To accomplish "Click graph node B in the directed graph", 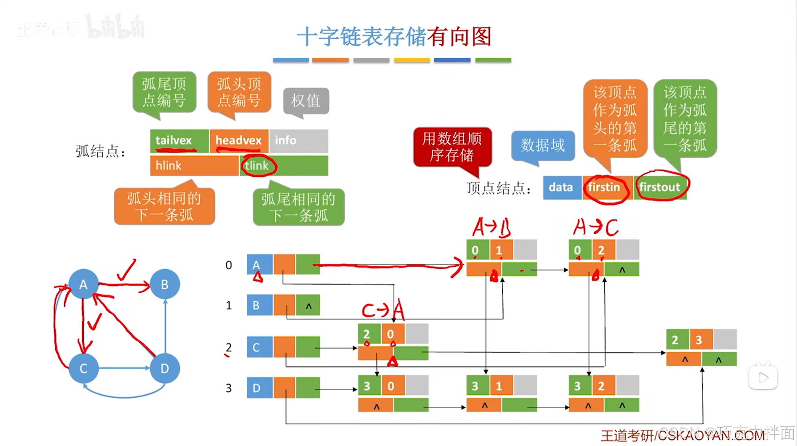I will (165, 284).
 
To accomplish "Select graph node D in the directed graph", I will (165, 368).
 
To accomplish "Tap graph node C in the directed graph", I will (83, 368).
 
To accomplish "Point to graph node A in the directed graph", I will (83, 284).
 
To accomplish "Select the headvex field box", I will (239, 141).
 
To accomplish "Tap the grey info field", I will (298, 141).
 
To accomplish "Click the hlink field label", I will (168, 166).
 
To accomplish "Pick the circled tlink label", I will (257, 166).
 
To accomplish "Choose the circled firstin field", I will (605, 188).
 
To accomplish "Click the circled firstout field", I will (660, 188).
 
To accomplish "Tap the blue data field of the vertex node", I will (561, 188).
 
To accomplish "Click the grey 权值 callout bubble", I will (306, 100).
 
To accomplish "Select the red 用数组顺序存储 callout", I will (452, 147).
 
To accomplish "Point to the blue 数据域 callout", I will (543, 145).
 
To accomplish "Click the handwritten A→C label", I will (595, 228).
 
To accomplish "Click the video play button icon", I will (763, 378).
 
